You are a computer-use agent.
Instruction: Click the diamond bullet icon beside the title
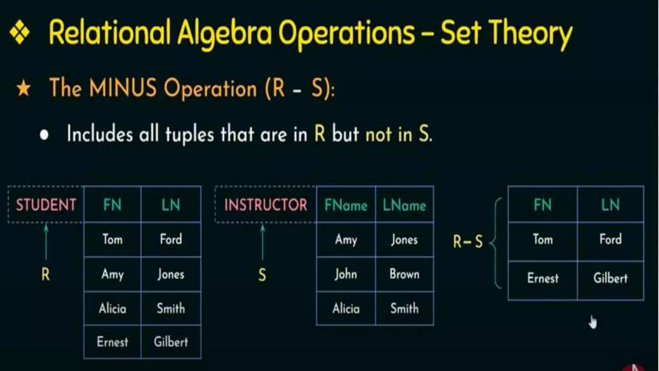tap(20, 32)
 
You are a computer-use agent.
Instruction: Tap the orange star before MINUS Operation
tap(23, 89)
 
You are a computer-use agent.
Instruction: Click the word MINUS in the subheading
tap(123, 88)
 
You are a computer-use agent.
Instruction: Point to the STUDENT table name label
tap(46, 205)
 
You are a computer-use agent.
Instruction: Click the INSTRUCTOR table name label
tap(265, 205)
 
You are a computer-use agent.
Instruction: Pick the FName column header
tap(346, 205)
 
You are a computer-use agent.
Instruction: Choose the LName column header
tap(404, 205)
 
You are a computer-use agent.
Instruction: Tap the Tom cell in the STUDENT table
tap(112, 240)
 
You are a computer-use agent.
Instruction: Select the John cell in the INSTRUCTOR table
tap(346, 274)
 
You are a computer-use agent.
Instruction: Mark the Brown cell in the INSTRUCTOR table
tap(404, 274)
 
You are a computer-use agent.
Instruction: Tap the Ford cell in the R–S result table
tap(610, 240)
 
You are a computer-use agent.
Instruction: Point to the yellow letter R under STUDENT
tap(46, 275)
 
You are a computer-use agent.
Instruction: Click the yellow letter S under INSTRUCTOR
tap(262, 275)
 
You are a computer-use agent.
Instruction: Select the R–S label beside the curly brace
tap(468, 242)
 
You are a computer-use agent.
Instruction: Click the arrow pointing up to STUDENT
tap(46, 242)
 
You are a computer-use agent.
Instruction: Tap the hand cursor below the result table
tap(593, 322)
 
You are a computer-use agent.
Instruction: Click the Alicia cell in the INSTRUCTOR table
tap(346, 309)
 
